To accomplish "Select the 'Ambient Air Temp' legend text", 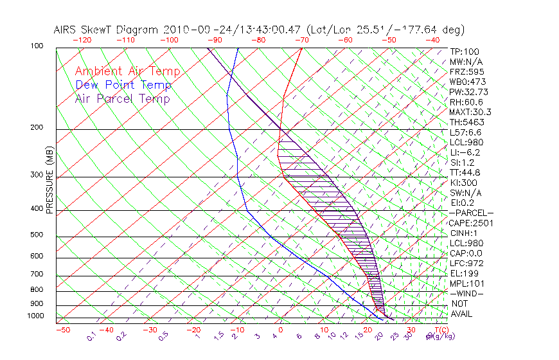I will [127, 72].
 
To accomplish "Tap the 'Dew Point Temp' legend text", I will [123, 85].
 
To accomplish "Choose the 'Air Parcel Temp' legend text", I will [122, 99].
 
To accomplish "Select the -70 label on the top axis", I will [301, 40].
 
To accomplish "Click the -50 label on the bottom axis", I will [62, 330].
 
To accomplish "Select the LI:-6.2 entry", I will [465, 152].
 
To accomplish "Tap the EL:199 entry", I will [463, 273].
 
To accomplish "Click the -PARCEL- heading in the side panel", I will [471, 213].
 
